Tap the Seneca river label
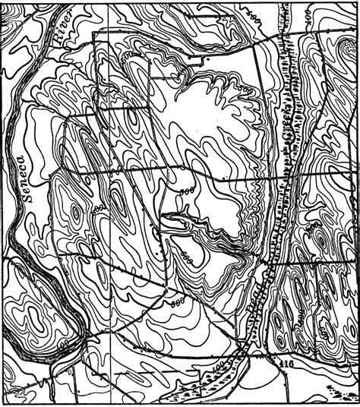coord(29,179)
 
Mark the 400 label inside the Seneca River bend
coord(71,343)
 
